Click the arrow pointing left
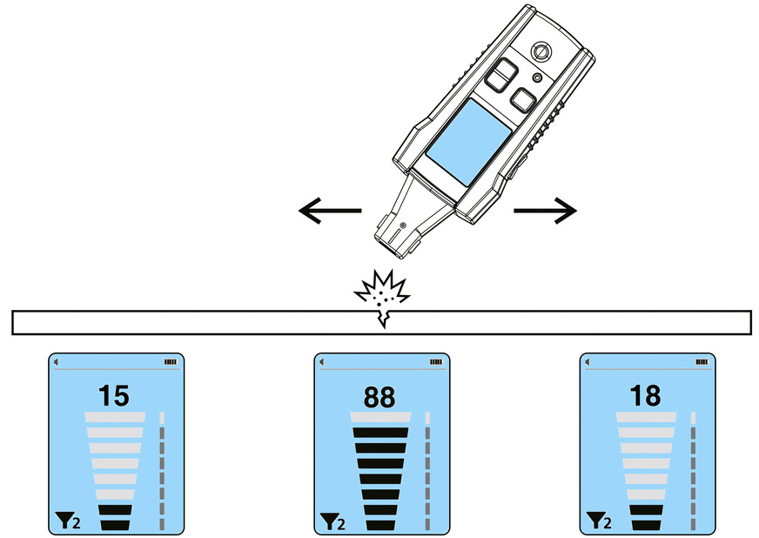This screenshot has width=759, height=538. pyautogui.click(x=329, y=210)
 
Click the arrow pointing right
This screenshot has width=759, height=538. pyautogui.click(x=545, y=210)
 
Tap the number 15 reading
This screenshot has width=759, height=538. pyautogui.click(x=114, y=396)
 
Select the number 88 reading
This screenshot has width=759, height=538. pyautogui.click(x=380, y=396)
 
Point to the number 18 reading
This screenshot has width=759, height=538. pyautogui.click(x=646, y=396)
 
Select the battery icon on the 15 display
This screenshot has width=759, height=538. pyautogui.click(x=169, y=361)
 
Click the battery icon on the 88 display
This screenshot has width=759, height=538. pyautogui.click(x=435, y=361)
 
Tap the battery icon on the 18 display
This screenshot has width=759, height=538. pyautogui.click(x=701, y=361)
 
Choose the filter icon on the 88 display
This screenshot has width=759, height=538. pyautogui.click(x=326, y=521)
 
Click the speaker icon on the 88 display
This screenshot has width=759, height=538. pyautogui.click(x=322, y=361)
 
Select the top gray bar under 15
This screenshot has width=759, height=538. pyautogui.click(x=114, y=418)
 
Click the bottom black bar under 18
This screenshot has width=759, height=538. pyautogui.click(x=645, y=524)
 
